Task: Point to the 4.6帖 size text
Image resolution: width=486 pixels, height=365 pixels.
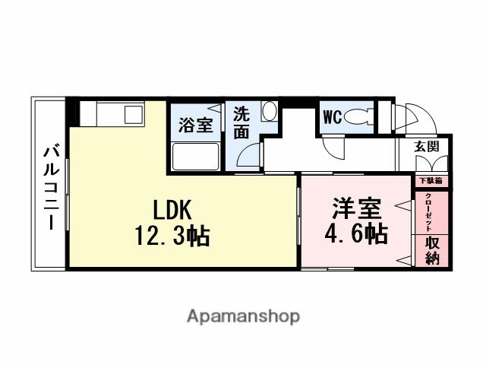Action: (355, 233)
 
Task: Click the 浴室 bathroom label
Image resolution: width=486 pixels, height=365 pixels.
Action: (195, 125)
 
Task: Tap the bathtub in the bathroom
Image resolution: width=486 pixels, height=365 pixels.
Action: (196, 157)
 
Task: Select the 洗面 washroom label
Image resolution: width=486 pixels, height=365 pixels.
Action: (241, 122)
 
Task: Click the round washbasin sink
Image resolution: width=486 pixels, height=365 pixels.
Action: (269, 112)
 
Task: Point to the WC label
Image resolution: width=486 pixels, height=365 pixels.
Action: (332, 117)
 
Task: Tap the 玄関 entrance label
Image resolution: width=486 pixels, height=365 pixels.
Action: (427, 147)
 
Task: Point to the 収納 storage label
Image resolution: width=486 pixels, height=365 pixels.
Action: (432, 250)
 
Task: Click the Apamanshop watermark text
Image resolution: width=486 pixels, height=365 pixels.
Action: (243, 316)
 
